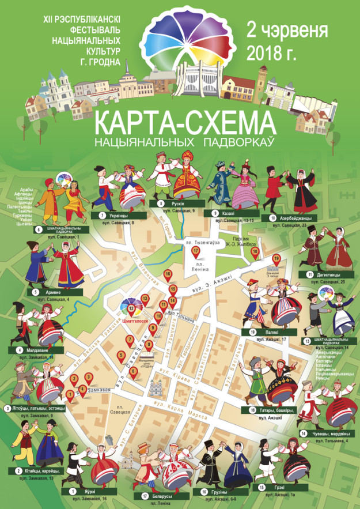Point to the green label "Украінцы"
tap(113, 215)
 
